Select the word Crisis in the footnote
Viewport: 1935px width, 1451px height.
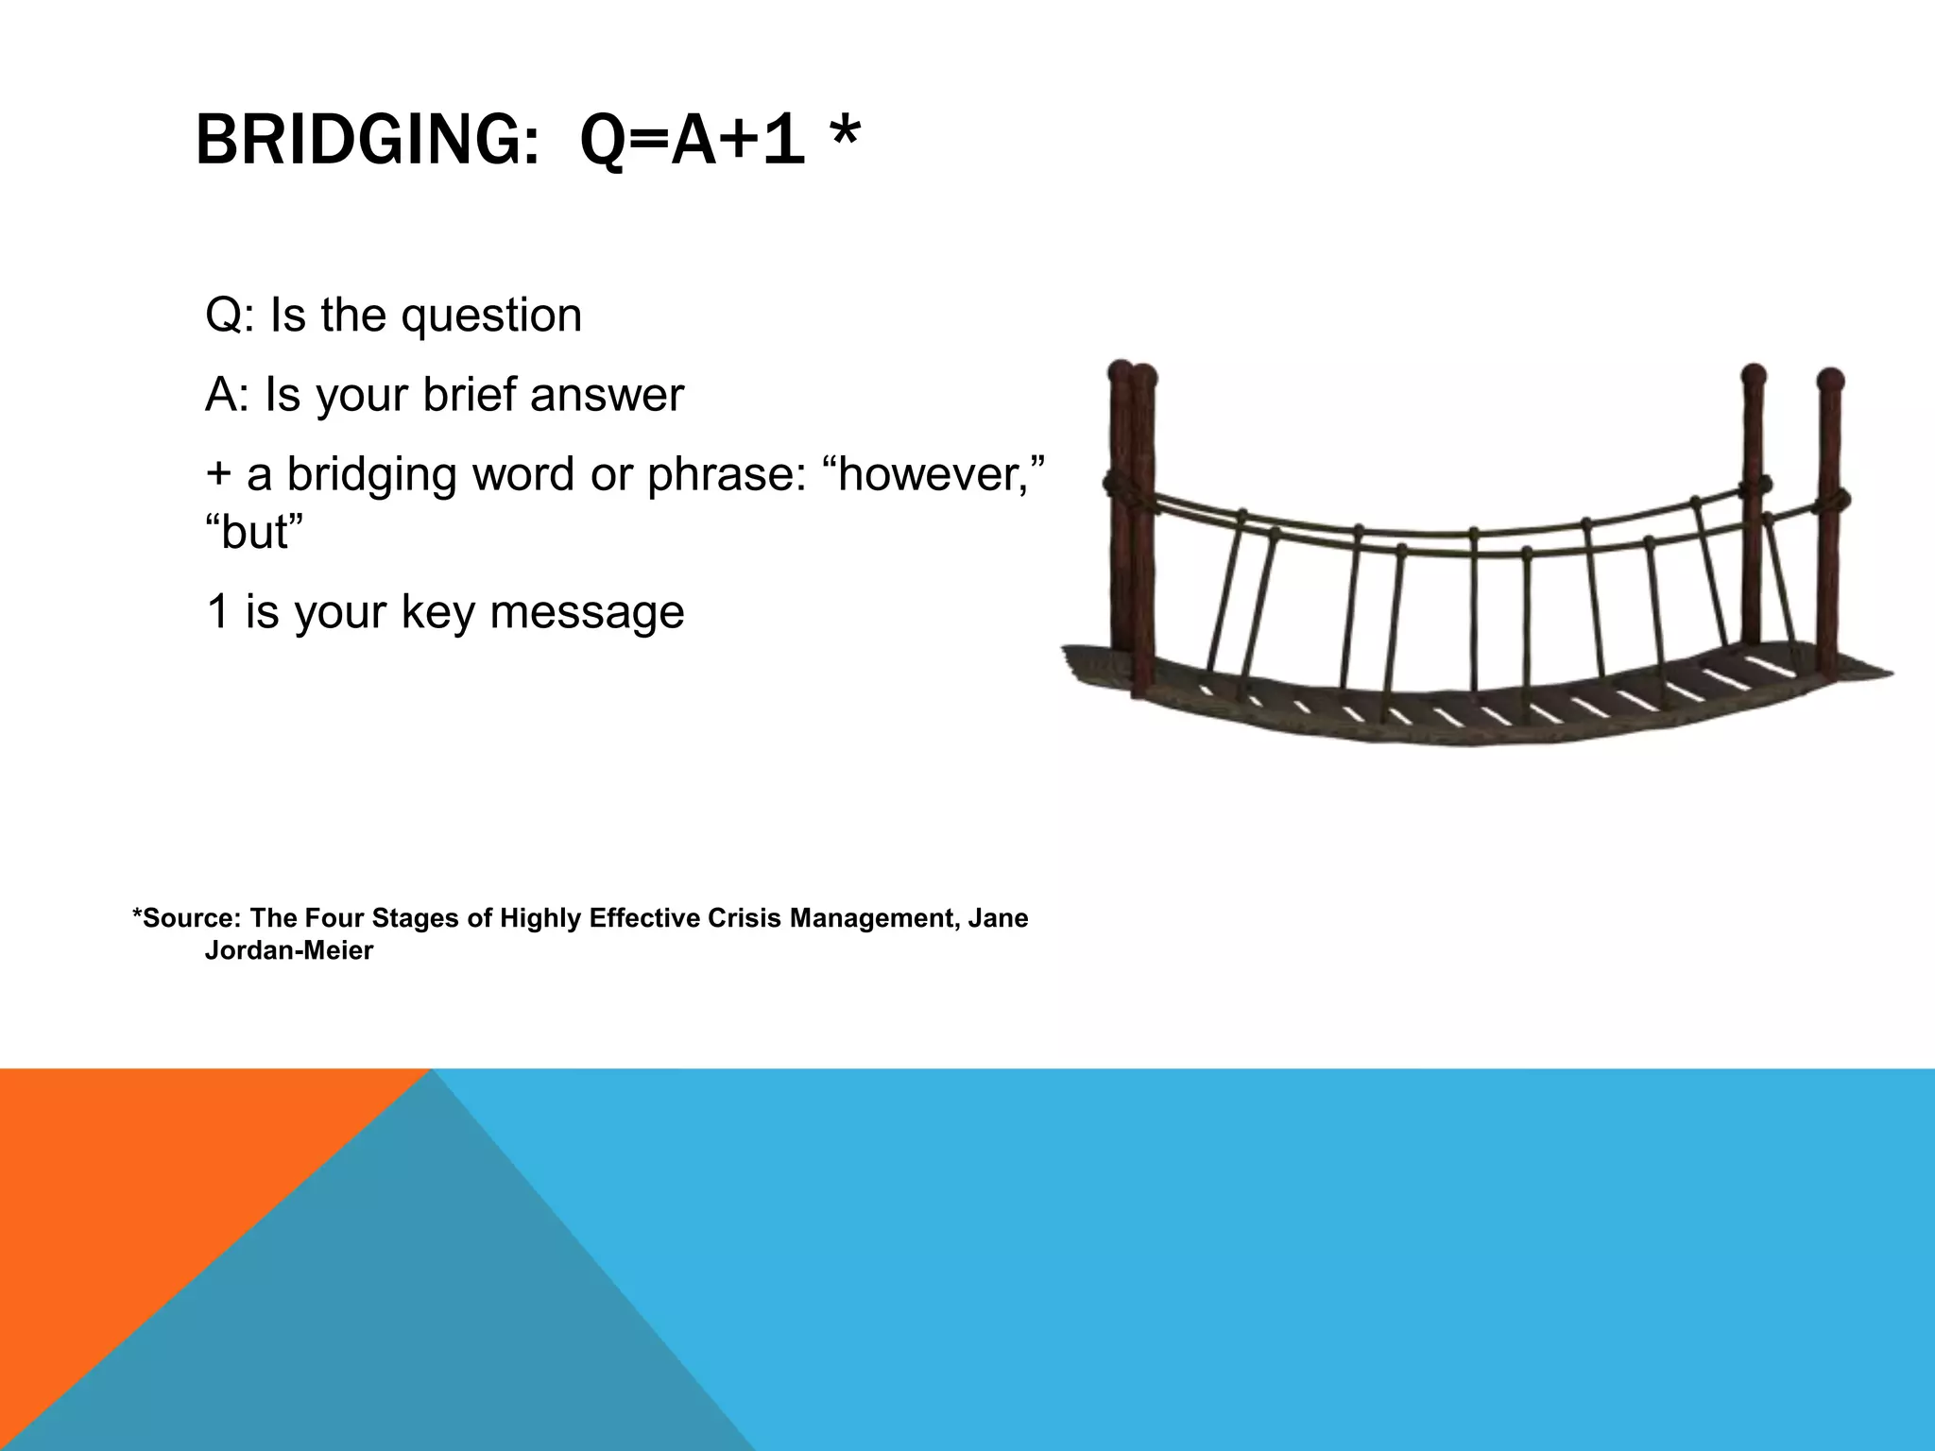746,918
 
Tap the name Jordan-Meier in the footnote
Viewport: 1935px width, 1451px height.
288,950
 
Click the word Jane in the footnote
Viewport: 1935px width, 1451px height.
1000,918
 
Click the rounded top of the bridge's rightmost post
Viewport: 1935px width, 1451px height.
1829,380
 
